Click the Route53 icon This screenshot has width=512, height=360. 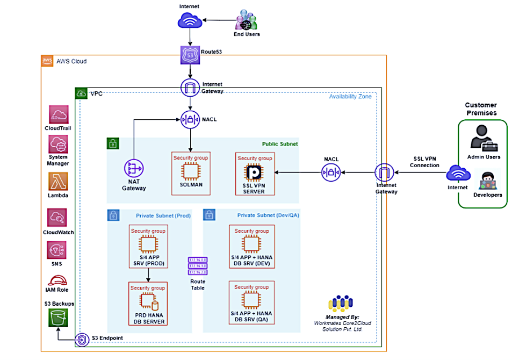189,54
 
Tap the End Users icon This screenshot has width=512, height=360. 247,21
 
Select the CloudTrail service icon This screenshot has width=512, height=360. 58,114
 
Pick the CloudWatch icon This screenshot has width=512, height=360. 58,218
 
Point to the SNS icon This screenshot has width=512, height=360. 58,250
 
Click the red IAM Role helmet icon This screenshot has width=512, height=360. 57,280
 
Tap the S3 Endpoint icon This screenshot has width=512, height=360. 82,340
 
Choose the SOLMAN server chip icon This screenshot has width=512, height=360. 190,171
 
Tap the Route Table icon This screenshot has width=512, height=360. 198,266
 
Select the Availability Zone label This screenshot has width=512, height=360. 350,97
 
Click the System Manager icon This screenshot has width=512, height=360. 58,145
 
